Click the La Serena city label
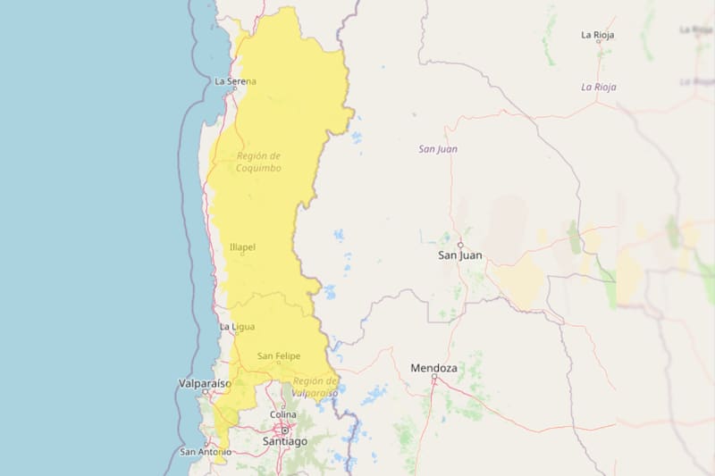235,81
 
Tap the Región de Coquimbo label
258,162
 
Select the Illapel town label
242,248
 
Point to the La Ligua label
237,327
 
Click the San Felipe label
279,356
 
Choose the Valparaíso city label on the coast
205,383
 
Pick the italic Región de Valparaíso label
315,387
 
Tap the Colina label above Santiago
283,413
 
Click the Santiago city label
285,441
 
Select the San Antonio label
206,452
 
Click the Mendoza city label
433,368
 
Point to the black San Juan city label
459,255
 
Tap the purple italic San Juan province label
438,149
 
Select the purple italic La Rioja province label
599,87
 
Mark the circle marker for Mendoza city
433,378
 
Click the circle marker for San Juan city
460,245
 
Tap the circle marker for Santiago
285,430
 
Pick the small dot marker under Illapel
242,256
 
